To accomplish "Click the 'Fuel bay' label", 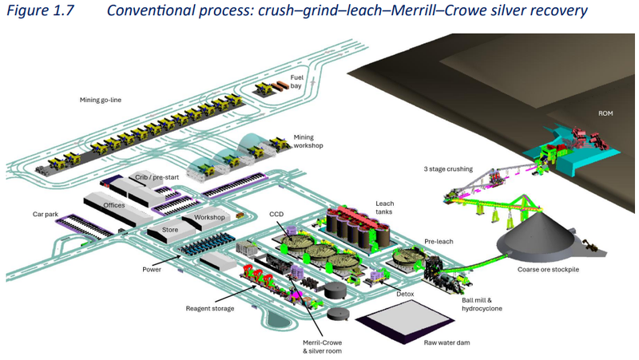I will [x=296, y=81].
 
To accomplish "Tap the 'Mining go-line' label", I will [x=105, y=100].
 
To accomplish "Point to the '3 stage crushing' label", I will [x=448, y=169].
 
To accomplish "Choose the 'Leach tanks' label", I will [x=385, y=208].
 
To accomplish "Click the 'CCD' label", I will [x=276, y=214].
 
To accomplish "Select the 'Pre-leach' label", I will [x=439, y=240].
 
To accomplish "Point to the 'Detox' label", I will [x=405, y=294].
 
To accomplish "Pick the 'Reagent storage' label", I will [x=210, y=308].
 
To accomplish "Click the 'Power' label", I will [x=152, y=270].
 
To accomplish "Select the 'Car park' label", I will [x=46, y=214].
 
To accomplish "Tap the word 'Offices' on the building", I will [x=114, y=205].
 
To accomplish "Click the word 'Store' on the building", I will [x=170, y=231].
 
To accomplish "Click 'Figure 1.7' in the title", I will [x=39, y=11].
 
